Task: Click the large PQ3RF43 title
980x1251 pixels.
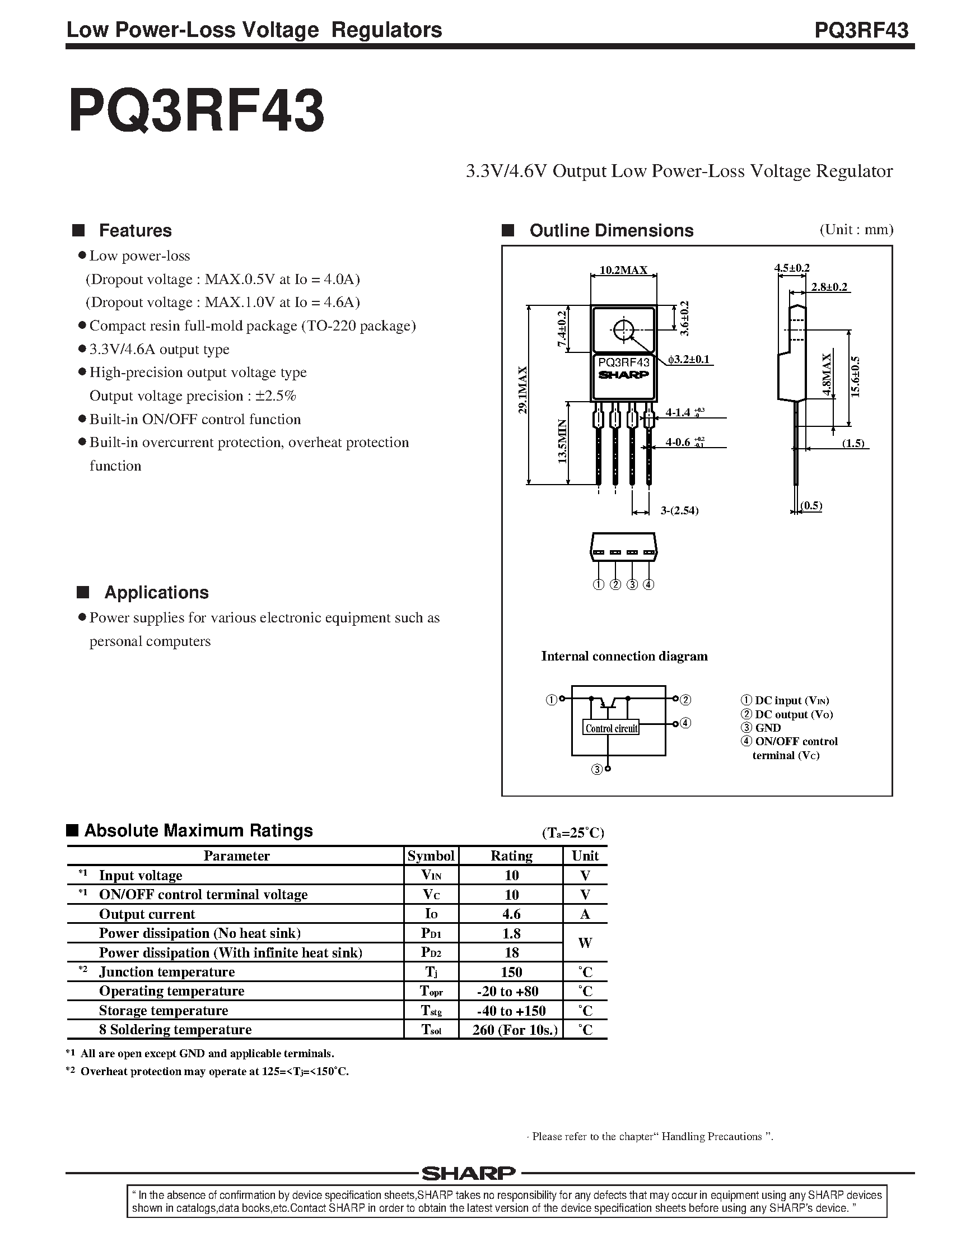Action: (x=196, y=111)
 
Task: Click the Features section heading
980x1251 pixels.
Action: (x=135, y=231)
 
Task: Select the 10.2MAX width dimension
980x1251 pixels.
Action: (x=623, y=269)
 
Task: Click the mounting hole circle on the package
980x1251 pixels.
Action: (x=623, y=331)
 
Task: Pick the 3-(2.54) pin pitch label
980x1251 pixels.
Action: (x=679, y=510)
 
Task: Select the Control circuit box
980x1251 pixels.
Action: (x=611, y=728)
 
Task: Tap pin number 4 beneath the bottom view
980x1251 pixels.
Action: (x=649, y=585)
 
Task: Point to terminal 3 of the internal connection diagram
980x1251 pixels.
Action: (x=597, y=770)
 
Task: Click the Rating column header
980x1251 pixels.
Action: (x=511, y=855)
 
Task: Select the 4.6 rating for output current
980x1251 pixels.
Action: (x=511, y=914)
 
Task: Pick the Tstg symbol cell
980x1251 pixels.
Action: (x=431, y=1011)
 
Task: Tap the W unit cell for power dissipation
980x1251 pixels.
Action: (x=585, y=943)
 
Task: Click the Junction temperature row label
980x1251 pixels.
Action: (x=167, y=972)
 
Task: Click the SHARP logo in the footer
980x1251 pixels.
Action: (x=469, y=1173)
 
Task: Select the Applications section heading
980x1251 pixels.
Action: (x=156, y=593)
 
